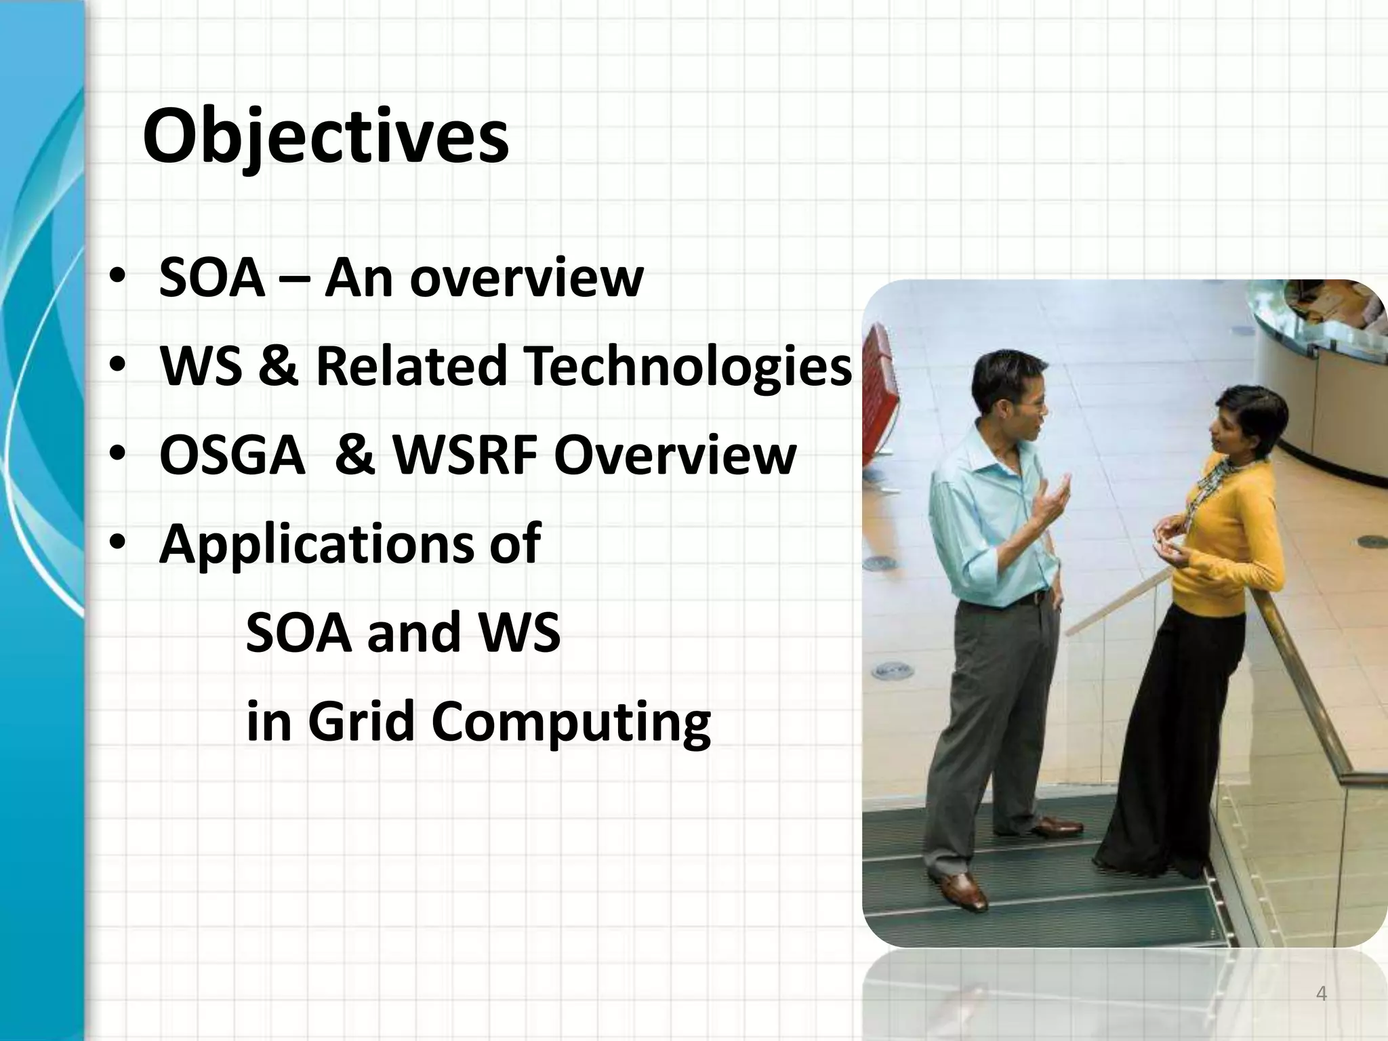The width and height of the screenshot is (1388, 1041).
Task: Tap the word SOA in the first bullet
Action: [x=211, y=279]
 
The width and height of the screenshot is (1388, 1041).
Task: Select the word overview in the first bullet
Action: [x=526, y=279]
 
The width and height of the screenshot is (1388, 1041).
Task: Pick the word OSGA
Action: [x=232, y=455]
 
